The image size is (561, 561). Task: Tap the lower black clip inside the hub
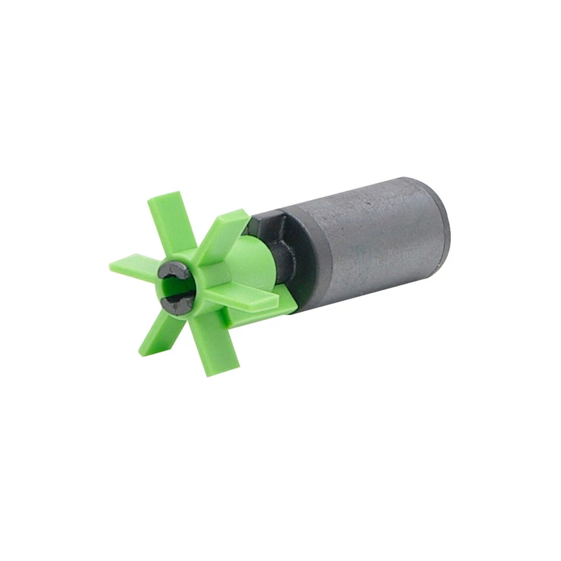[175, 300]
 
